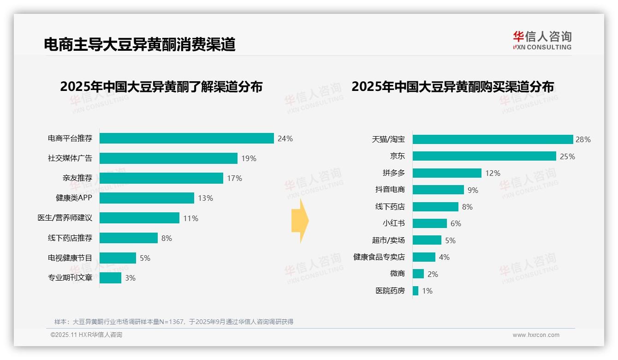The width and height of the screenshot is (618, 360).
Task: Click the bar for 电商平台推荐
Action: click(x=187, y=138)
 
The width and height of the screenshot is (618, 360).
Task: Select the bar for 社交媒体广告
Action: click(x=168, y=158)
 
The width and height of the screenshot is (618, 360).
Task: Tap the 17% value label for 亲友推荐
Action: click(x=234, y=178)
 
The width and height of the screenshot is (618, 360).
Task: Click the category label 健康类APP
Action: click(x=74, y=198)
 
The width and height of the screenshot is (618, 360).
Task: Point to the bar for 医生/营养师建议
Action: click(x=139, y=218)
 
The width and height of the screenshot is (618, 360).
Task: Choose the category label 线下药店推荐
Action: click(x=70, y=238)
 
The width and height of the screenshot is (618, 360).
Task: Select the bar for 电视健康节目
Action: click(x=118, y=258)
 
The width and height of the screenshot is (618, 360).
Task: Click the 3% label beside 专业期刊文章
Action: click(x=130, y=278)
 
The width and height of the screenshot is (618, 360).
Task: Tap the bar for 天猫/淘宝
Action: click(x=493, y=139)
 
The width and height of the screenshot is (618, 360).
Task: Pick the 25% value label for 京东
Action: click(x=567, y=156)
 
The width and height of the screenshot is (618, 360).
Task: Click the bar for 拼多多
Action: click(x=447, y=173)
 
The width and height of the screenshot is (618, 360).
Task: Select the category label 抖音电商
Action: click(x=390, y=190)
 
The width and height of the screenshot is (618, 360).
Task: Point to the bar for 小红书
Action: click(x=429, y=223)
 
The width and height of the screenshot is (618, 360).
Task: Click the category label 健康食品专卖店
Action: click(x=379, y=257)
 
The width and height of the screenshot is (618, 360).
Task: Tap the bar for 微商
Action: click(x=418, y=274)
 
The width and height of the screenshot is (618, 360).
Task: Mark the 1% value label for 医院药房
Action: click(x=427, y=291)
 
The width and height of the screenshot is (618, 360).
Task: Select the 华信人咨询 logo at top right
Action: click(x=542, y=40)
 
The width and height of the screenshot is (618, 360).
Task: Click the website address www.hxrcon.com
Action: click(x=536, y=335)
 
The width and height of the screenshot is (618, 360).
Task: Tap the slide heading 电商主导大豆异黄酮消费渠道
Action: click(x=140, y=44)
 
